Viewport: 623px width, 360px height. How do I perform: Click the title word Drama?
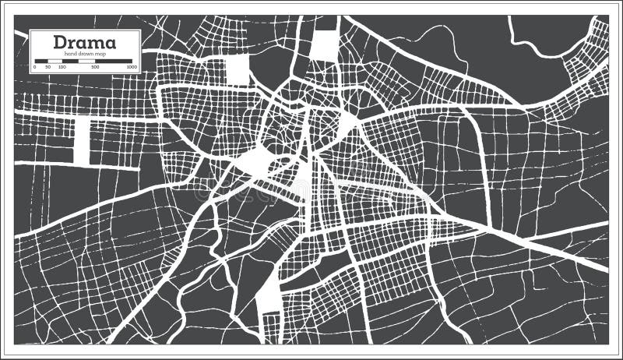click(85, 42)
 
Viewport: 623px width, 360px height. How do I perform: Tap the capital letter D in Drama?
click(60, 42)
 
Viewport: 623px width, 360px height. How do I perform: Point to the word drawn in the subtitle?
click(83, 53)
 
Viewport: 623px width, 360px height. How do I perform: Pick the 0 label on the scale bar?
click(34, 68)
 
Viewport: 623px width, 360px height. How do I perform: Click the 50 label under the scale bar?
click(48, 68)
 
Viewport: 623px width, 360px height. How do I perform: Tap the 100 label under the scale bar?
click(62, 68)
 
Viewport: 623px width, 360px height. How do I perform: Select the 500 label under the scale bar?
click(95, 68)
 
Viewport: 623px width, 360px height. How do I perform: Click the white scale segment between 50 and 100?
click(55, 61)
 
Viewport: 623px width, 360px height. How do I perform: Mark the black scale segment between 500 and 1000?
click(114, 61)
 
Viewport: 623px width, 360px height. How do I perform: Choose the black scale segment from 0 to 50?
click(41, 61)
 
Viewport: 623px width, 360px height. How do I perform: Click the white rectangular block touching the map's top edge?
click(322, 44)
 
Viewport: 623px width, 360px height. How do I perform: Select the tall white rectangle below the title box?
click(82, 141)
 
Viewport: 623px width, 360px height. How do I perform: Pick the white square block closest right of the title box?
click(237, 69)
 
